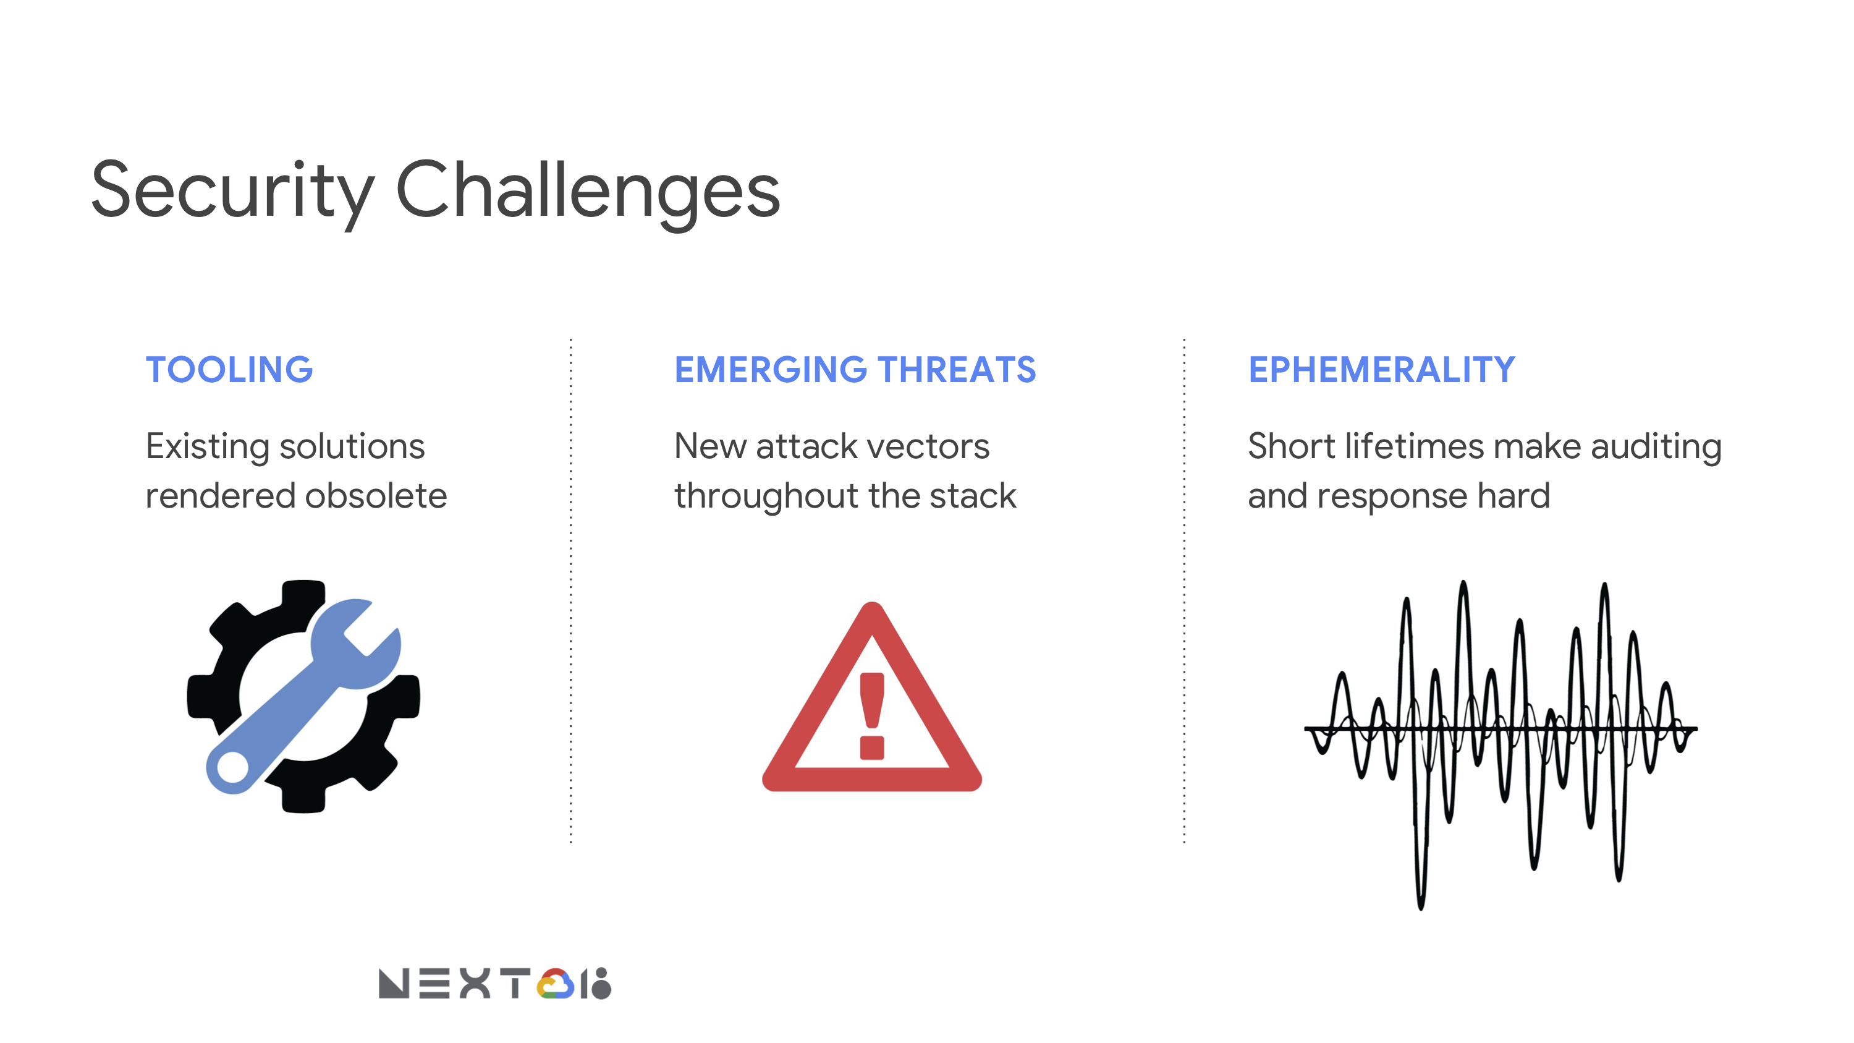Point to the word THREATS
[957, 370]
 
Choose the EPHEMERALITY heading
[1382, 370]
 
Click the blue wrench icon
[303, 696]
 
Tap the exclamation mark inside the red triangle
[871, 715]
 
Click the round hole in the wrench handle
[232, 767]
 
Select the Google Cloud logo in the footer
[556, 984]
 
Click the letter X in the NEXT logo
[475, 984]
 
